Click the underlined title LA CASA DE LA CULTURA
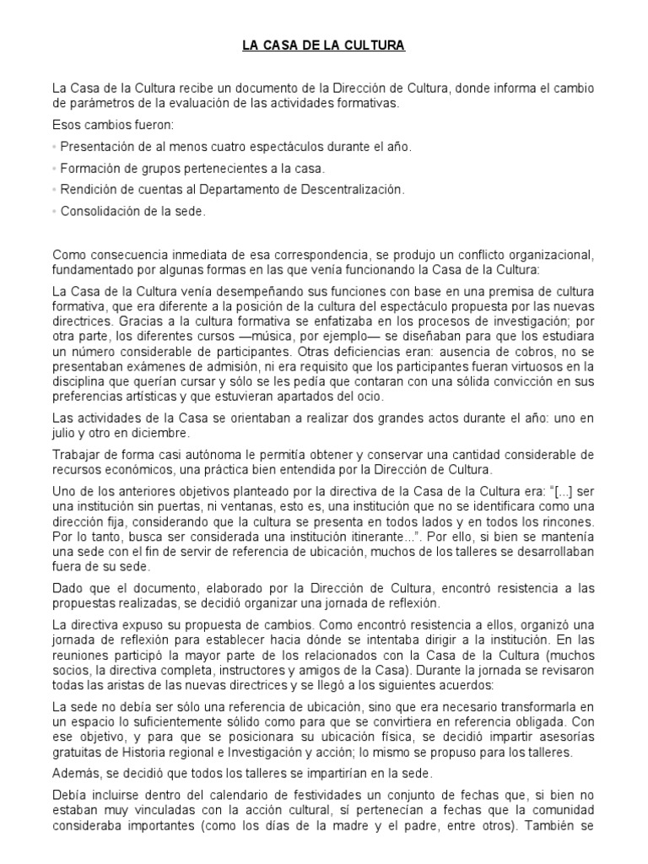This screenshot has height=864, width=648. point(324,47)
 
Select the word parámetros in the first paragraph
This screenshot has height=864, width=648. point(89,104)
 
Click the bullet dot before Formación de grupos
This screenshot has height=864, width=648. point(55,169)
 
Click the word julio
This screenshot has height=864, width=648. point(65,433)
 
